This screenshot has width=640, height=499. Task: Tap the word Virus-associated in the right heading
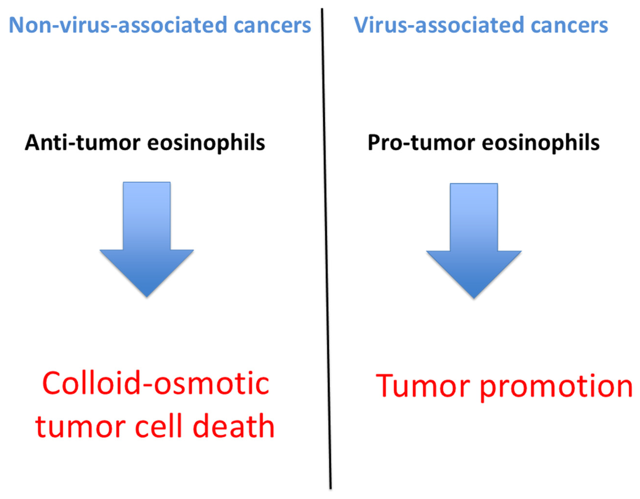click(439, 25)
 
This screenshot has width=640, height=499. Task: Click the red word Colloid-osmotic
click(156, 384)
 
